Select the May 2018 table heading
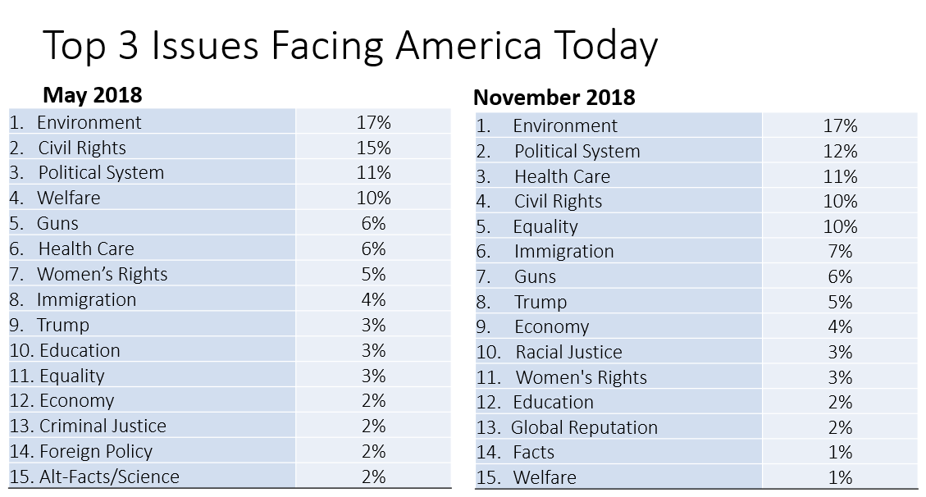pos(92,95)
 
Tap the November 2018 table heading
pos(554,97)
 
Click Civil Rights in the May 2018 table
pos(82,148)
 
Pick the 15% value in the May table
pos(373,148)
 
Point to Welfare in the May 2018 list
pos(69,198)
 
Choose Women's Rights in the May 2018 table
pos(102,274)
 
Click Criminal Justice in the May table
pos(103,426)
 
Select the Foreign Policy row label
pos(96,451)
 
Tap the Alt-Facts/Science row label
pos(109,476)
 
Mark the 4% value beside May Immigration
pos(373,299)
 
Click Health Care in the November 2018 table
pos(562,176)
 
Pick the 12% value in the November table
pos(840,151)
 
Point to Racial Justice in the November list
pos(568,352)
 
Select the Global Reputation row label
pos(584,427)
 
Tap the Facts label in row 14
pos(534,452)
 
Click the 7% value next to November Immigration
pos(840,252)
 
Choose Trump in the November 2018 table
pos(541,302)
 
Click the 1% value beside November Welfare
pos(840,477)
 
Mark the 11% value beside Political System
pos(373,172)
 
